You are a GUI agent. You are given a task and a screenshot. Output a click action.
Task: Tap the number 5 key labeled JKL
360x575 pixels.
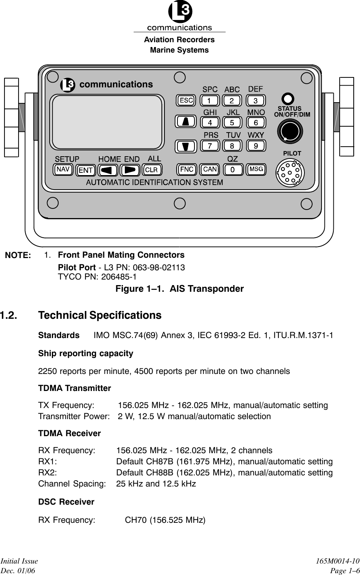[232, 122]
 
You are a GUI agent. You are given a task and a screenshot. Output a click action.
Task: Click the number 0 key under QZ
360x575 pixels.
[233, 170]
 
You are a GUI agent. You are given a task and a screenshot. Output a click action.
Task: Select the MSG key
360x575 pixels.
[256, 170]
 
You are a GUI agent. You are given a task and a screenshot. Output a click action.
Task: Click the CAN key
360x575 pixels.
[210, 170]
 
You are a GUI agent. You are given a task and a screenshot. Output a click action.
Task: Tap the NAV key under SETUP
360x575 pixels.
[63, 170]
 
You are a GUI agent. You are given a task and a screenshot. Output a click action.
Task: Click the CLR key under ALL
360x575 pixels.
[151, 170]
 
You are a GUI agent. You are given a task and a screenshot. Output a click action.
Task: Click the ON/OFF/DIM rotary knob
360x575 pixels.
[290, 131]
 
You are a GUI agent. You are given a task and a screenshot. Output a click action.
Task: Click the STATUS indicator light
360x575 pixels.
[288, 99]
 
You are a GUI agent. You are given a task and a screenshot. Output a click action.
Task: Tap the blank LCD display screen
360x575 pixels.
[108, 122]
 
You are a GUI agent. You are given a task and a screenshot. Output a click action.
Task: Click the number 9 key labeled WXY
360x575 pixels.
[256, 146]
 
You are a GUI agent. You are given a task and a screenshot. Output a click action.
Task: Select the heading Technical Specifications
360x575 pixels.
[100, 315]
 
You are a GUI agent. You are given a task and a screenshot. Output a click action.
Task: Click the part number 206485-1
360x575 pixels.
[116, 277]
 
